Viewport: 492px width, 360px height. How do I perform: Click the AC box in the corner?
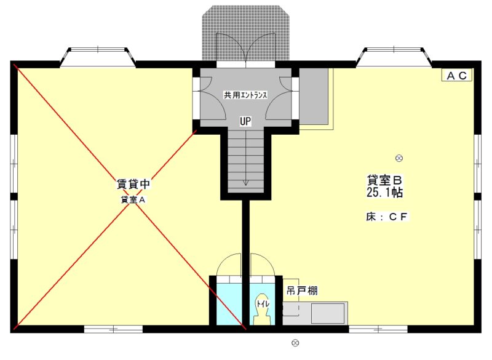pyautogui.click(x=457, y=75)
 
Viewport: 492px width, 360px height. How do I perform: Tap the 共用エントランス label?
pyautogui.click(x=245, y=95)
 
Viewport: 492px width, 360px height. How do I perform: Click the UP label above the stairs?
pyautogui.click(x=245, y=121)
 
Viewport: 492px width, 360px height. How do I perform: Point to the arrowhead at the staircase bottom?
pyautogui.click(x=245, y=182)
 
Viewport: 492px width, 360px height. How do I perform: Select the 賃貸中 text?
pyautogui.click(x=133, y=184)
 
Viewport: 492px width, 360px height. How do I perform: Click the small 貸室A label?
pyautogui.click(x=132, y=200)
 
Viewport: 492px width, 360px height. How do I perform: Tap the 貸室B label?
pyautogui.click(x=384, y=180)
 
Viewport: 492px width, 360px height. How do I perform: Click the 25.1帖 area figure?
pyautogui.click(x=384, y=193)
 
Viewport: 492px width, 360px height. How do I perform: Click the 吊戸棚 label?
pyautogui.click(x=302, y=290)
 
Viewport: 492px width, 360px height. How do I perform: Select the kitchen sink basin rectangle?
pyautogui.click(x=328, y=313)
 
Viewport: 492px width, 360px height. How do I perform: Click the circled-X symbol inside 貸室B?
pyautogui.click(x=399, y=158)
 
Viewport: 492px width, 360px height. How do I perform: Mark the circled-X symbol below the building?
pyautogui.click(x=295, y=343)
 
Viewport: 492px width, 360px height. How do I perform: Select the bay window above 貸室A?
pyautogui.click(x=99, y=57)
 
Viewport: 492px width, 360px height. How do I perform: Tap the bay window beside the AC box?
pyautogui.click(x=394, y=57)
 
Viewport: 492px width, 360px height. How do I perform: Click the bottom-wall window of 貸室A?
pyautogui.click(x=113, y=329)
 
